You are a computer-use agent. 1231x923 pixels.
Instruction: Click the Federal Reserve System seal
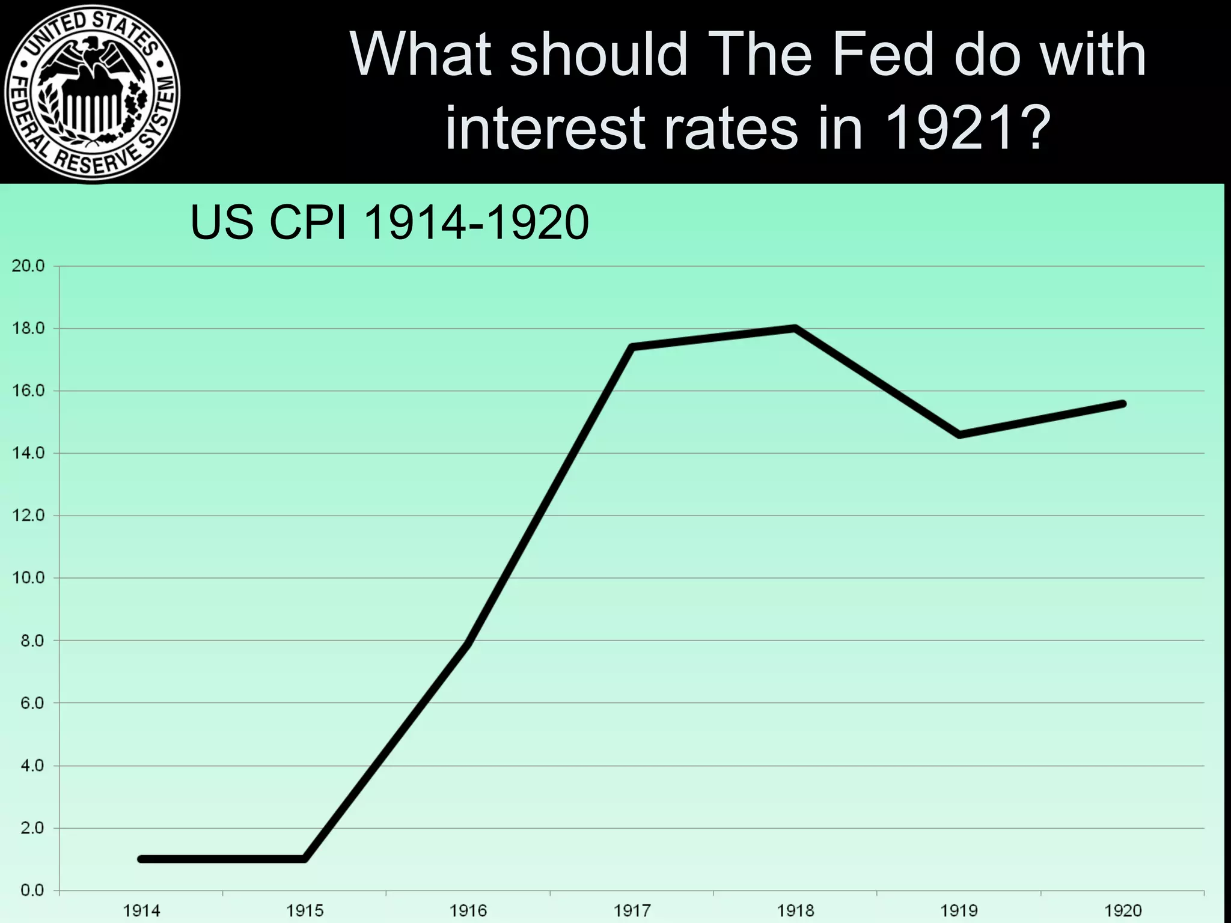[91, 91]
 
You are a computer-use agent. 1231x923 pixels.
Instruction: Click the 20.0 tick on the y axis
[28, 266]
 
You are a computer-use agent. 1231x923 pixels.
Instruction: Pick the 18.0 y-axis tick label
[28, 329]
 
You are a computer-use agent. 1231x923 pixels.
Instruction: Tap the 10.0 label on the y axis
[28, 578]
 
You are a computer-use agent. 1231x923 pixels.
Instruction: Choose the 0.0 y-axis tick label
[31, 890]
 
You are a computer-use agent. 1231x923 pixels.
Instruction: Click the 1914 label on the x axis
[141, 911]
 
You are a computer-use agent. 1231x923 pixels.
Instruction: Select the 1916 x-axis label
[468, 911]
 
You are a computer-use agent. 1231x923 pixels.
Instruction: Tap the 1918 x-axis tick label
[795, 911]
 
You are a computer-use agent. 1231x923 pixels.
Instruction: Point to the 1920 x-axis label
[1122, 911]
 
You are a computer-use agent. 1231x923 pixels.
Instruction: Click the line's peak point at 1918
[795, 328]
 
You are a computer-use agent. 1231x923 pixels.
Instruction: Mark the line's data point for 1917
[632, 347]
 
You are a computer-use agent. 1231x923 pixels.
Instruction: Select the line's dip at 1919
[959, 434]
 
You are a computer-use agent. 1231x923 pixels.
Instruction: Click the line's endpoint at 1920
[1122, 404]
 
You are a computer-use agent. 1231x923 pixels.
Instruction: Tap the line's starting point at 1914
[141, 859]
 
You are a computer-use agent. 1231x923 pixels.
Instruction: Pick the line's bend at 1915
[305, 859]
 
